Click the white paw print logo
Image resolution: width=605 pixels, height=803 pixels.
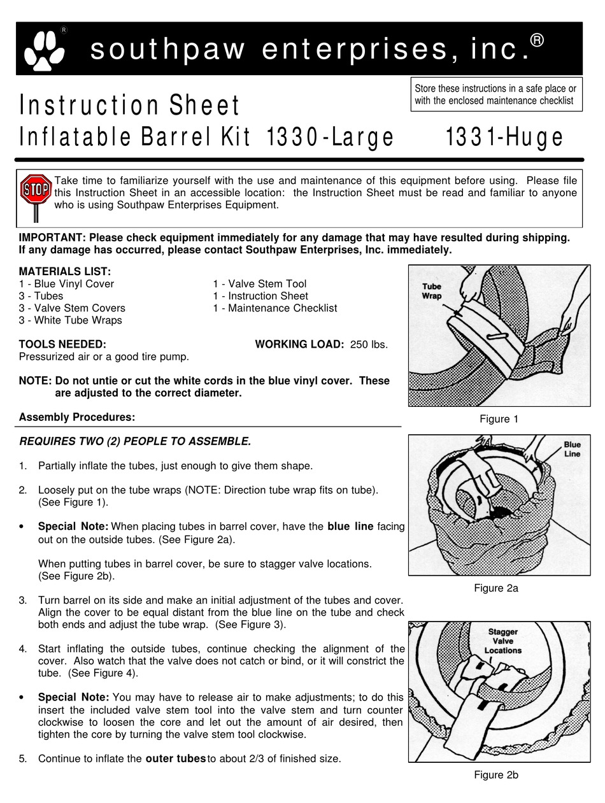(44, 50)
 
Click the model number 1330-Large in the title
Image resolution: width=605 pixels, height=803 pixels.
(329, 137)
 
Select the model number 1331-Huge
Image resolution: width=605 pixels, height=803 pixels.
(504, 137)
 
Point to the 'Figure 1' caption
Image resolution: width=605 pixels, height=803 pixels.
(499, 419)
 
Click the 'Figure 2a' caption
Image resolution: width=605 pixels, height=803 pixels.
(495, 588)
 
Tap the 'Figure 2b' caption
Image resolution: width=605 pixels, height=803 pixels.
(495, 775)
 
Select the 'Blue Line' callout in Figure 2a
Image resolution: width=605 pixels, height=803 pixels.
(571, 450)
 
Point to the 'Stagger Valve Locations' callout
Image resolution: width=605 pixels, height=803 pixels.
(502, 641)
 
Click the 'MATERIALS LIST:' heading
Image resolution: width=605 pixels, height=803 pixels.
(65, 271)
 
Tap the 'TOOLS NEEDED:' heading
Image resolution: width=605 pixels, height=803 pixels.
(62, 345)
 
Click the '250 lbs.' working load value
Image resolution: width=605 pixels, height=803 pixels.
(369, 345)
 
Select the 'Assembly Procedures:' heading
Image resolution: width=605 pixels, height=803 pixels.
(77, 417)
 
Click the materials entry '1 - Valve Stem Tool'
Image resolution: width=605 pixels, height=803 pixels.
(259, 284)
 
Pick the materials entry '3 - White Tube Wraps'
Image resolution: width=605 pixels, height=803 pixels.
(70, 320)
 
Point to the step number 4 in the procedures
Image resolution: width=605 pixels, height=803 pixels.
(23, 649)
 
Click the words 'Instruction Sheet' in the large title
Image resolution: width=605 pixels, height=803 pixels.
(129, 106)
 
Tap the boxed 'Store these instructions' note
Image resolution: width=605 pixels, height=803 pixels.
(496, 94)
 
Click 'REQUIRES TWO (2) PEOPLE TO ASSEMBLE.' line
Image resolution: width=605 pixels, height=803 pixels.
(135, 441)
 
